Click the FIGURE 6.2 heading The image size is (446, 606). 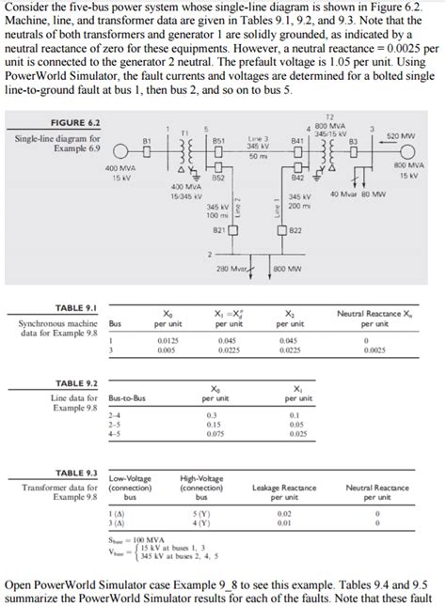tap(50, 123)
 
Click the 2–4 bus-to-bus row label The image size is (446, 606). tap(114, 414)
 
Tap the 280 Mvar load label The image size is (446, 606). tap(231, 270)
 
